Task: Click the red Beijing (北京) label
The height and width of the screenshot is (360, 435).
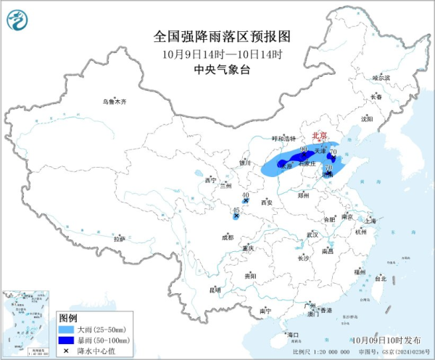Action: point(319,136)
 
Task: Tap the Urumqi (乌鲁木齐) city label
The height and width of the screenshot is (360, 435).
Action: point(114,102)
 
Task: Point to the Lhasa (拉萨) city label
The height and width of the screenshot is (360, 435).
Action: point(120,238)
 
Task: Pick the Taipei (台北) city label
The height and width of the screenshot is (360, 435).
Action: point(380,277)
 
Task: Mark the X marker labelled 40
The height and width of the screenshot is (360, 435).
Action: point(246,201)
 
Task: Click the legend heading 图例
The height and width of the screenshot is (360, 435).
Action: point(67,318)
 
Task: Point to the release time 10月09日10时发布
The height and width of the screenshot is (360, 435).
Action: point(391,339)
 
